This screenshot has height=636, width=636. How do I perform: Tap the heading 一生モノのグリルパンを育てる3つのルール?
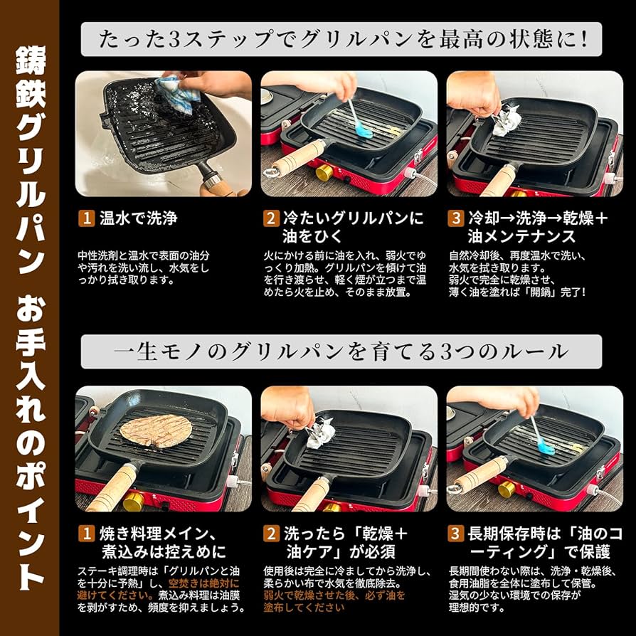click(341, 352)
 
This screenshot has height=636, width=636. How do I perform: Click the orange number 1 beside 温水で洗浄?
click(85, 218)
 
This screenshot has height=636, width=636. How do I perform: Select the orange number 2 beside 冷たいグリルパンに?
click(270, 218)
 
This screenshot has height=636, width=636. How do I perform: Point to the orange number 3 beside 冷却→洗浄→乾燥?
click(455, 218)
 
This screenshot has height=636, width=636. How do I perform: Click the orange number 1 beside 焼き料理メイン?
click(85, 533)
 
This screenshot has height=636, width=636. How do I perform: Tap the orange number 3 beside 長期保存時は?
click(455, 533)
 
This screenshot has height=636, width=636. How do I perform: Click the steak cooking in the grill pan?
click(156, 431)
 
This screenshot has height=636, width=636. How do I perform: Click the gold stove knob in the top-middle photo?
click(324, 173)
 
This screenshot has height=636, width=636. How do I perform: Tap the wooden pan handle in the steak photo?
click(114, 487)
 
